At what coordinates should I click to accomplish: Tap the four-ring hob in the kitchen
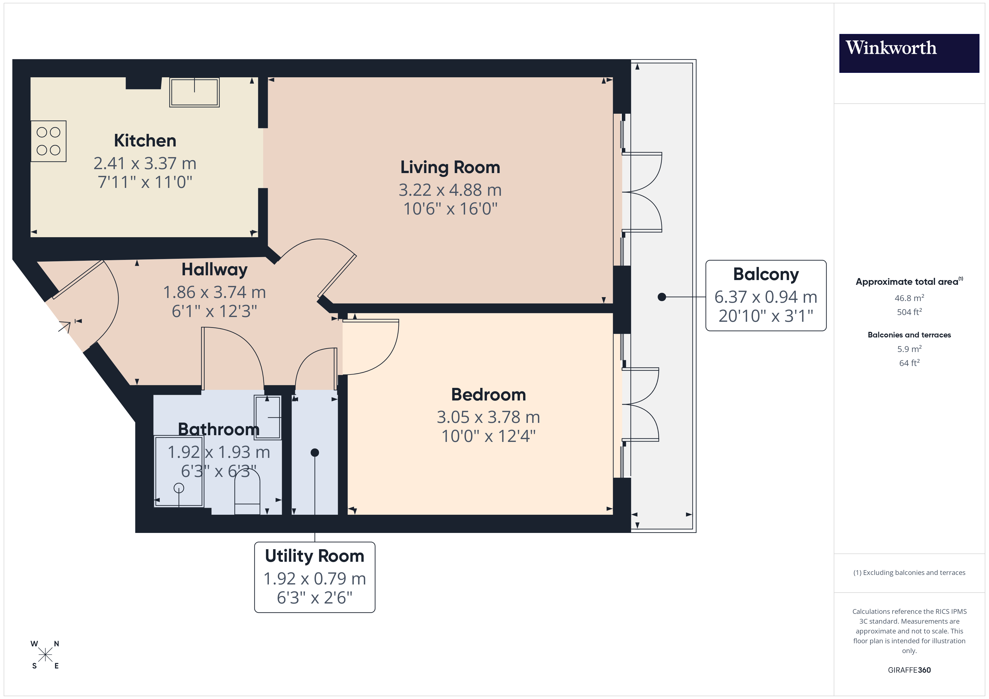(x=48, y=141)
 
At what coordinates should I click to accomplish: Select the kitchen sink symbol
(x=194, y=92)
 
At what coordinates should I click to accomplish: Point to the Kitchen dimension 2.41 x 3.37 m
(x=145, y=164)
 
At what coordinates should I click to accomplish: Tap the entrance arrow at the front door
(x=64, y=327)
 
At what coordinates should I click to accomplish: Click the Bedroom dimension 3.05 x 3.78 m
(x=488, y=417)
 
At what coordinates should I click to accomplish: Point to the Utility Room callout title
(x=315, y=556)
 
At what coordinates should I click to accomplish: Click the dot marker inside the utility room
(x=315, y=452)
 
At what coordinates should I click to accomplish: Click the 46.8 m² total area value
(x=909, y=298)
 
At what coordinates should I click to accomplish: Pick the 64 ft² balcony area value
(x=909, y=363)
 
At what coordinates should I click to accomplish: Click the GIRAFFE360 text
(x=909, y=670)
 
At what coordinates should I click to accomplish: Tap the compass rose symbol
(x=45, y=655)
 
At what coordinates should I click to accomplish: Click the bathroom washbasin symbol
(x=267, y=417)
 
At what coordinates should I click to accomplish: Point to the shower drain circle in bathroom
(x=179, y=488)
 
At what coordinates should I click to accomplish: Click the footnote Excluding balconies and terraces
(x=909, y=572)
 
